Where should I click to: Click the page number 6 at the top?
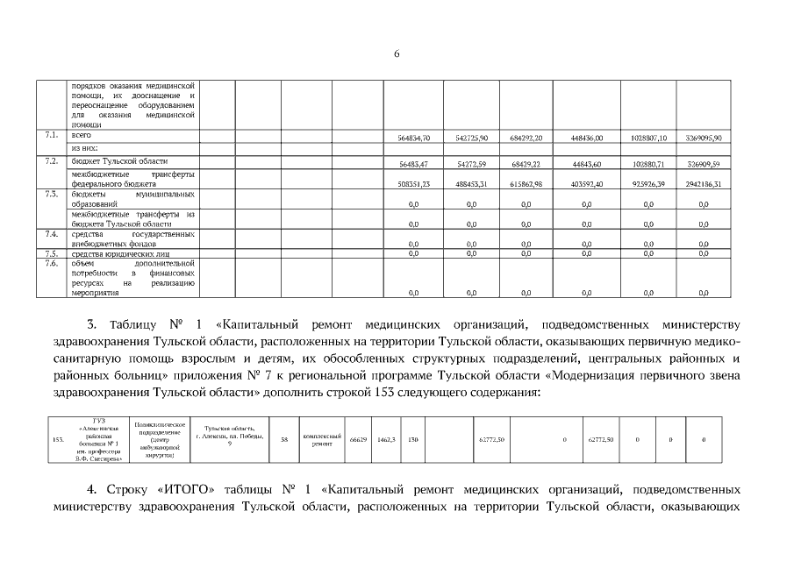(397, 54)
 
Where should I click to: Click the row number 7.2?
(51, 161)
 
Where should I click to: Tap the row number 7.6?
(51, 263)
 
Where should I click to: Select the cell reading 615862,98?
(526, 184)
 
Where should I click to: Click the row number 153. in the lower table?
(58, 439)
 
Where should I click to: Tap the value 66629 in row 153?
(357, 439)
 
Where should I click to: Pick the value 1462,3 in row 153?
(386, 439)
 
